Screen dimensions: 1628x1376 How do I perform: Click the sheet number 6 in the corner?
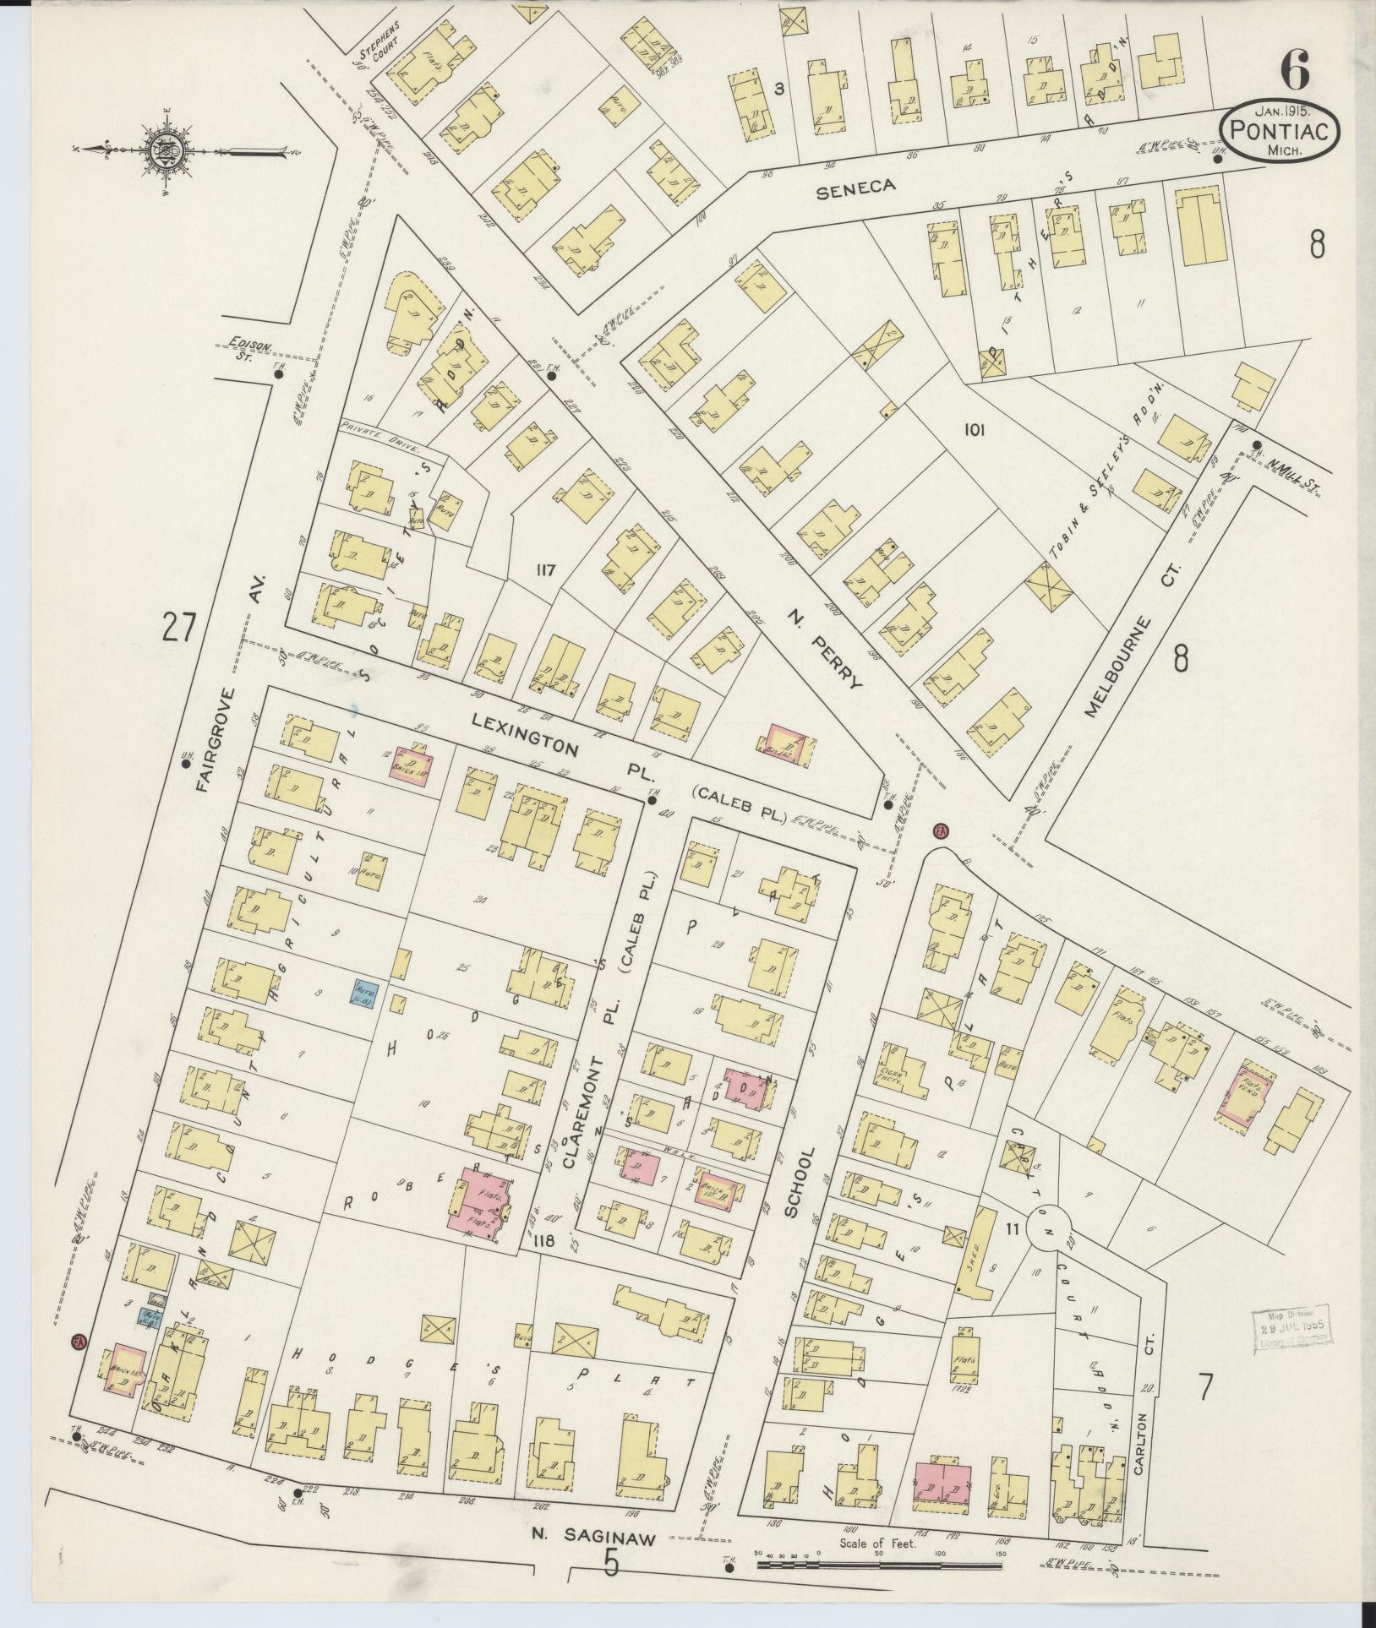[1293, 68]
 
